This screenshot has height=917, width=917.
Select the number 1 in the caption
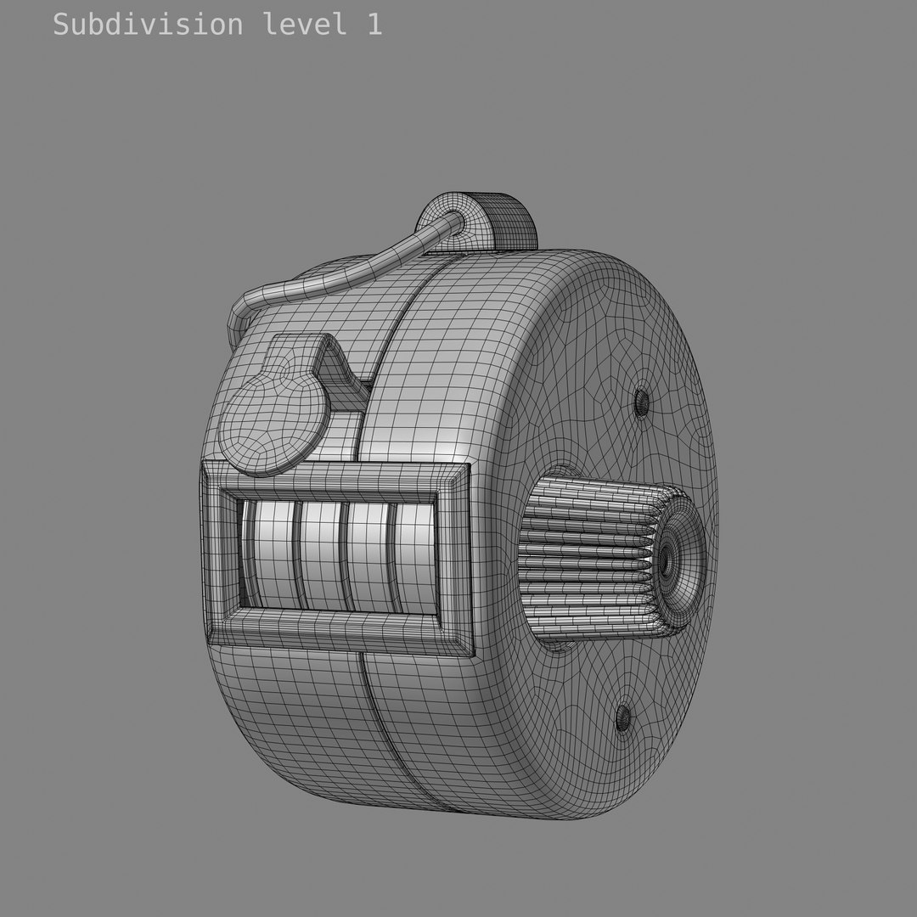click(374, 24)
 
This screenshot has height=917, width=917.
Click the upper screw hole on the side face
click(641, 401)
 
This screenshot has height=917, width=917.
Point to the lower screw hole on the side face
click(623, 717)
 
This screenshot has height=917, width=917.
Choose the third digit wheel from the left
click(366, 556)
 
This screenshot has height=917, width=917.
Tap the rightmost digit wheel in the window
click(413, 556)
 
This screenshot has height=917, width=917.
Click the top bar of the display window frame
click(335, 479)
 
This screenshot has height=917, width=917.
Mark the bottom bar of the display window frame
click(340, 632)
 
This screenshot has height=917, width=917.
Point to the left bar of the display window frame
click(219, 552)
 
